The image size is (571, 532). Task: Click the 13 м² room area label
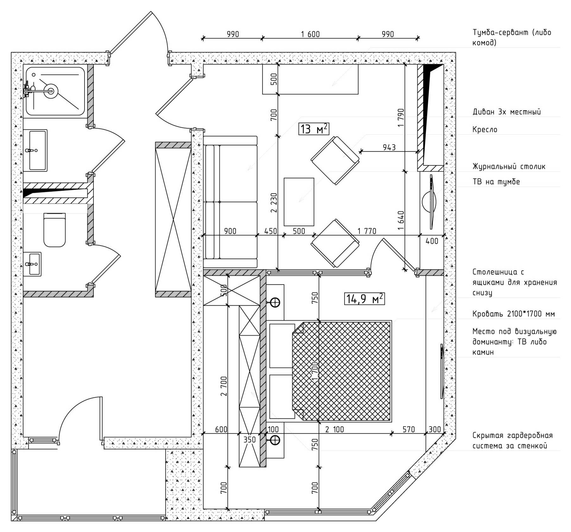[314, 129]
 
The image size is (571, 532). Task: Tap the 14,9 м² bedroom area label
[365, 299]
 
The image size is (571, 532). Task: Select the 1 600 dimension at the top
[310, 34]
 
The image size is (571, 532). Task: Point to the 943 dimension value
[389, 147]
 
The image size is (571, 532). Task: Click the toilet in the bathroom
[54, 230]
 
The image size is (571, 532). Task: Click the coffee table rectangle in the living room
[299, 202]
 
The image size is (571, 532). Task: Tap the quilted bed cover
[341, 371]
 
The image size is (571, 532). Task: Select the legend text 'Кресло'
[485, 130]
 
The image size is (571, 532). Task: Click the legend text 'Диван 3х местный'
[507, 112]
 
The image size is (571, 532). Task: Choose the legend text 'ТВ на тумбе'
[496, 182]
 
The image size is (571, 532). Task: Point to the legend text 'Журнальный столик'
[509, 167]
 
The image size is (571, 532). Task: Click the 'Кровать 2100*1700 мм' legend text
[514, 314]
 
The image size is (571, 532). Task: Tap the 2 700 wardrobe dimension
[224, 386]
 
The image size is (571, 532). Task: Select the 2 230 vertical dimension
[274, 203]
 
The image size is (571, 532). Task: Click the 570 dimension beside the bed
[409, 429]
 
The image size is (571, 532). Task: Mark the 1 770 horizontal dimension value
[367, 231]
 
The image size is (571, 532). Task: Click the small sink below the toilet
[32, 264]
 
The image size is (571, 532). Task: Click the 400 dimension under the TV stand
[432, 241]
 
